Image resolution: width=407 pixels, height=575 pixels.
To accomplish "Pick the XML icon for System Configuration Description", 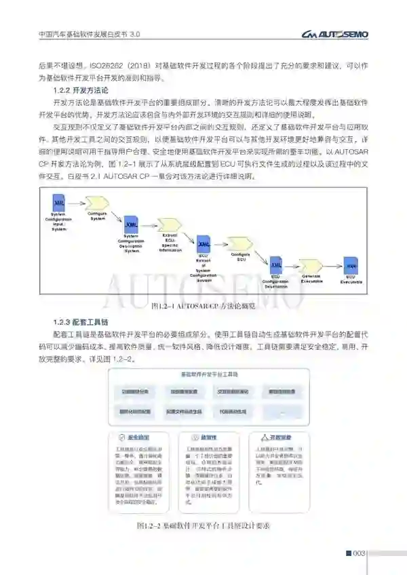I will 130,224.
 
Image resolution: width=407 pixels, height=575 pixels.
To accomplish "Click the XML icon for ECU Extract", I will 203,243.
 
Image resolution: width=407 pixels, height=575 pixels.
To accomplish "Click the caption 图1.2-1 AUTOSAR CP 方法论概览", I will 203,306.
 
